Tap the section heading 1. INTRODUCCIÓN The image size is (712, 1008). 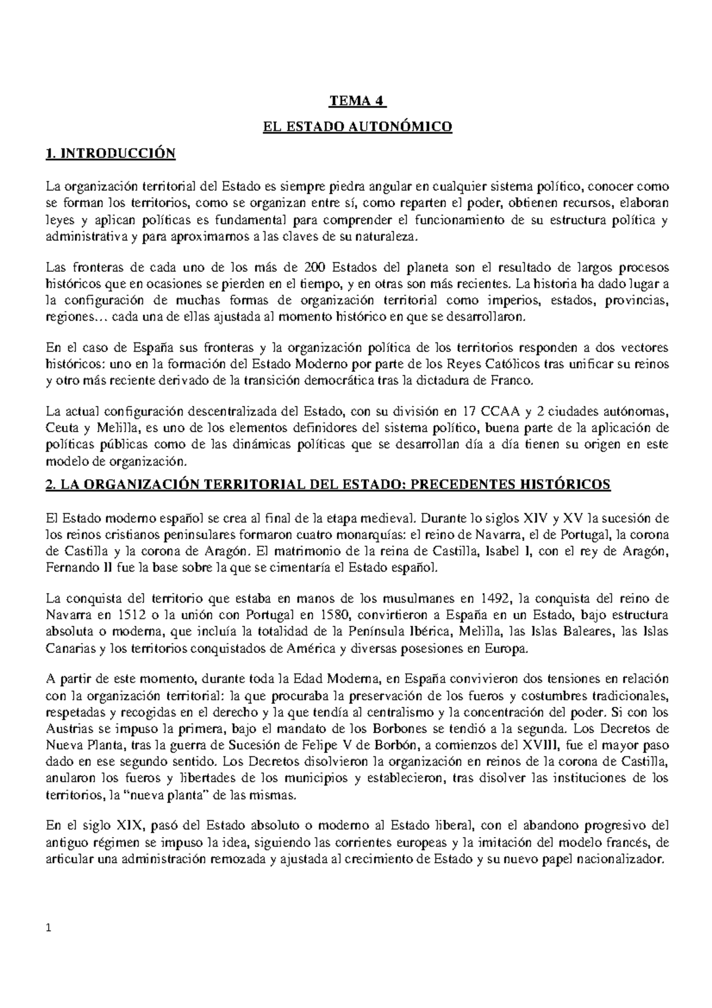click(111, 153)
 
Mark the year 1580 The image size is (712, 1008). click(321, 614)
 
